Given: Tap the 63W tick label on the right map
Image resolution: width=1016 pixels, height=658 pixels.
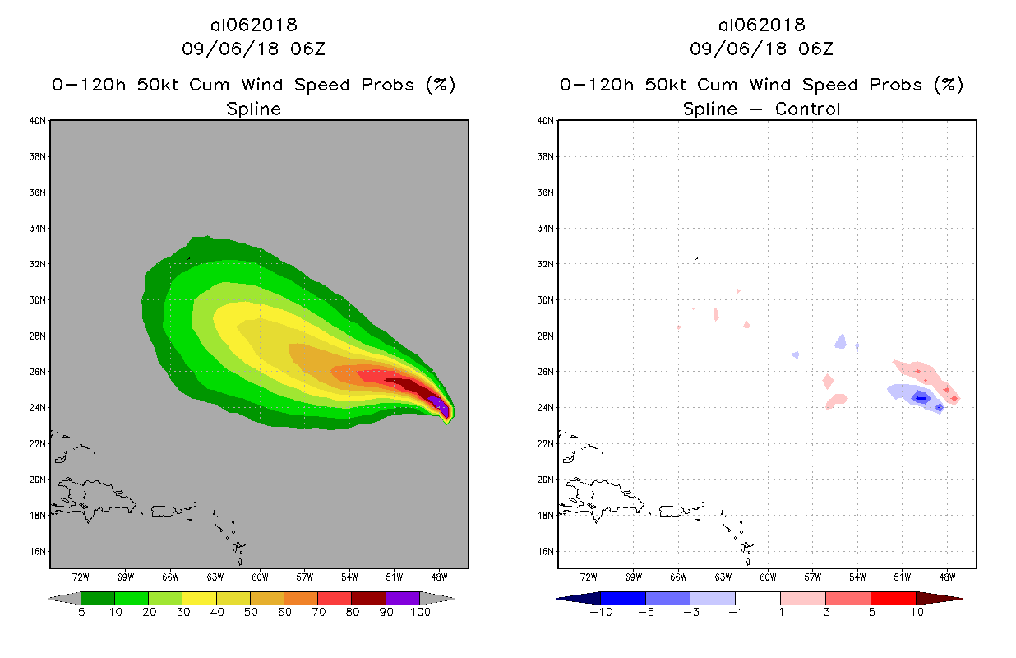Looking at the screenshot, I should tap(723, 577).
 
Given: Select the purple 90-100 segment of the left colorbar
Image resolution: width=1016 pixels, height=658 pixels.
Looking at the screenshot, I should tap(403, 598).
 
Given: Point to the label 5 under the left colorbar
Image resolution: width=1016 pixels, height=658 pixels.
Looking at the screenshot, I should tap(81, 613).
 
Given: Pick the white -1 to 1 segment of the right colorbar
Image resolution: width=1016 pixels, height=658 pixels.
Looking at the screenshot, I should tap(757, 598).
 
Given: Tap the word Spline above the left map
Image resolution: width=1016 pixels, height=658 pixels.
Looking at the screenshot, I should tap(254, 109).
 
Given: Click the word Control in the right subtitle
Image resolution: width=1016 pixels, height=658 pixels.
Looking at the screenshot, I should tap(806, 109).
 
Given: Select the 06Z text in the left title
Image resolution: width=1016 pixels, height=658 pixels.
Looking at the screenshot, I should tap(307, 49).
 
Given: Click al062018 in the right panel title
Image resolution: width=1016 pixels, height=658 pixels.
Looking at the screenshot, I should tap(761, 25).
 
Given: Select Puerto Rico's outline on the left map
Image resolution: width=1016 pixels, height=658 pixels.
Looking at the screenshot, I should tap(165, 511).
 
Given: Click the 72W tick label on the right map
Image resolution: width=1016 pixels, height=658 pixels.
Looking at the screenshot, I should tap(589, 577).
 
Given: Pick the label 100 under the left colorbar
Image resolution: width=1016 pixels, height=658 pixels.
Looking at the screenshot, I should tap(420, 613).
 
